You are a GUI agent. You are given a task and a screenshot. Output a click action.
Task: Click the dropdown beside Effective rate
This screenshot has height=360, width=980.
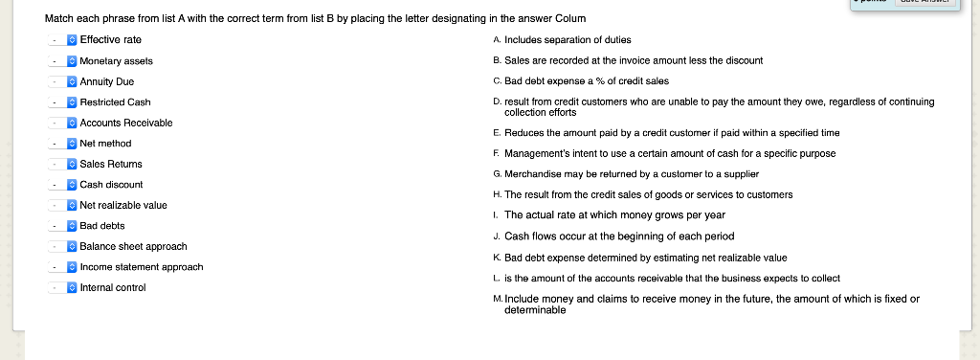coord(63,39)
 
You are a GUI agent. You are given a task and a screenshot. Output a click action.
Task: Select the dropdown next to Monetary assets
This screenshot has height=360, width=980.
coord(63,60)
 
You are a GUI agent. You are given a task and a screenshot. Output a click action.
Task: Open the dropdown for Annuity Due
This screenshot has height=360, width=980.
coord(63,81)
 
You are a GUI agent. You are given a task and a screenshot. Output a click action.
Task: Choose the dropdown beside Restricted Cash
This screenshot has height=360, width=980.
coord(63,101)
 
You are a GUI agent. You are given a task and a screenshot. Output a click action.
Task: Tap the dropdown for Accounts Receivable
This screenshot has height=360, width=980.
coord(63,123)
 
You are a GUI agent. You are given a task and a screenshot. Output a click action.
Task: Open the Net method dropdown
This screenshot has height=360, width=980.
coord(63,144)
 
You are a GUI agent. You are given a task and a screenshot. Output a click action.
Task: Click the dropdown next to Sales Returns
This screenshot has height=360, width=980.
coord(63,164)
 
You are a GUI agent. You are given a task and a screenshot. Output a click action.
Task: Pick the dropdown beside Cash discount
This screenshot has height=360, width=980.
coord(63,185)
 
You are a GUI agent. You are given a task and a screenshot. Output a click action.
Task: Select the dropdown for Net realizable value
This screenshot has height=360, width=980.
coord(63,205)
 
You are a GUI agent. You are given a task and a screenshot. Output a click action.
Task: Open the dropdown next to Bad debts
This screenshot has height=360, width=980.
coord(63,226)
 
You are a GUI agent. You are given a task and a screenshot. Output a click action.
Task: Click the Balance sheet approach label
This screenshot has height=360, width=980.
coord(133,246)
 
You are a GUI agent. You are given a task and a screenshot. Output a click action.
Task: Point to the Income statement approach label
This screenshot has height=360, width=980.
coord(142,267)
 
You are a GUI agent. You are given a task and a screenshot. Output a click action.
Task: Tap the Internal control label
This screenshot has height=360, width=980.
coord(113,287)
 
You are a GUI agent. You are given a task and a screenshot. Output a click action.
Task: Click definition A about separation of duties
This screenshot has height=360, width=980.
coord(566,39)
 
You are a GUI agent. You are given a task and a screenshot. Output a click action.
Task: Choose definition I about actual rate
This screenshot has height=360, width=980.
coord(614,214)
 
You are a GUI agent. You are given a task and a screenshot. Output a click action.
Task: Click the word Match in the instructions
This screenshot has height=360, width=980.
coord(58,19)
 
